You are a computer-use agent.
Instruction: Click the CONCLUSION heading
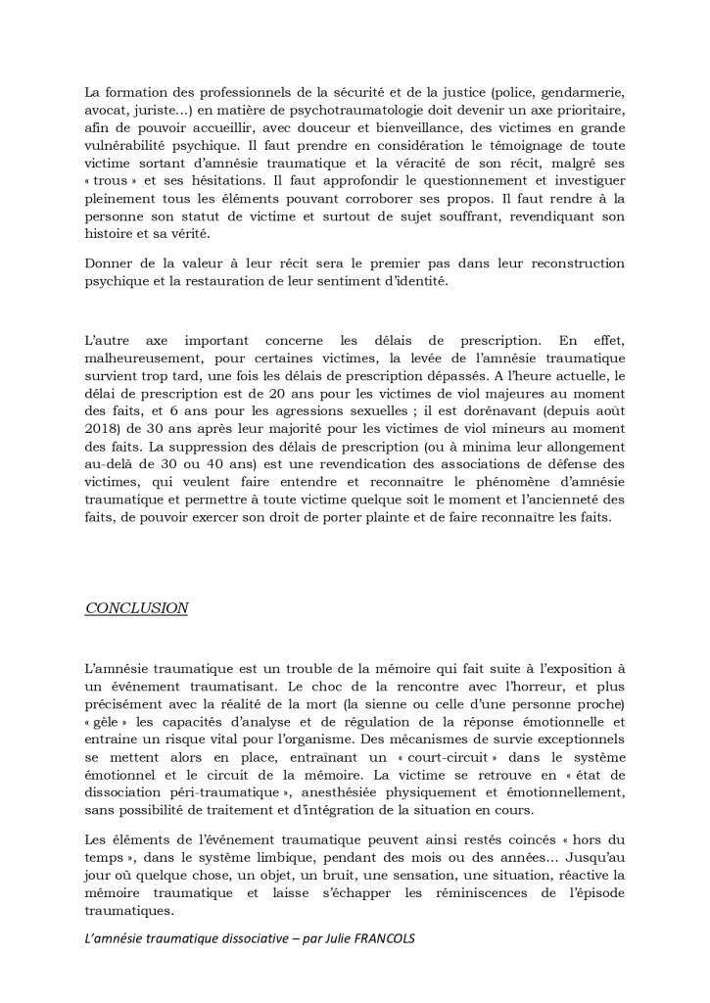[137, 607]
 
